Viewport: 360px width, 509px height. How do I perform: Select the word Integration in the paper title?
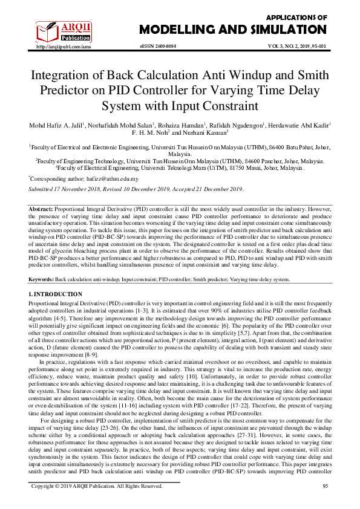64,76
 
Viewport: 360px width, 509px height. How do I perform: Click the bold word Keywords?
42,280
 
